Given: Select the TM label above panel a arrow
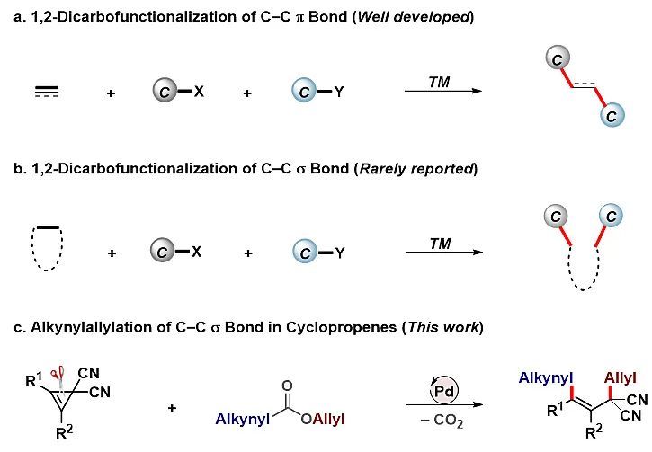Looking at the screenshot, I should tap(440, 83).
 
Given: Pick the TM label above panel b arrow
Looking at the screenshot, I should tap(440, 244).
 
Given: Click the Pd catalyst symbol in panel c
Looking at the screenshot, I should tap(441, 393).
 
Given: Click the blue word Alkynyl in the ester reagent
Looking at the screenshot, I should tap(240, 420).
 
